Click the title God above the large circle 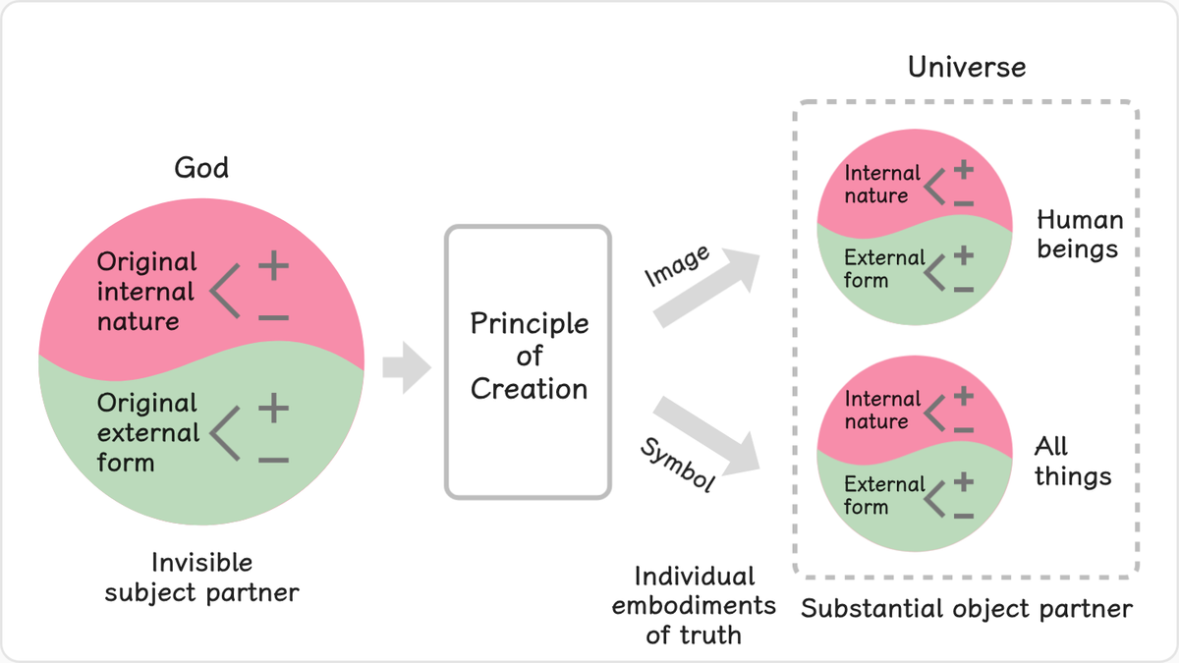(x=201, y=168)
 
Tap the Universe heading (x=967, y=67)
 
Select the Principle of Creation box (x=528, y=362)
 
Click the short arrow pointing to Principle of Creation (x=407, y=367)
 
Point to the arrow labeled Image (x=707, y=287)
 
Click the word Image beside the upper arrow (x=677, y=266)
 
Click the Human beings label (x=1080, y=235)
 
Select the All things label (x=1073, y=461)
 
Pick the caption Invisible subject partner (x=201, y=578)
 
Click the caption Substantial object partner (x=967, y=609)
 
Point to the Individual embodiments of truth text (x=695, y=606)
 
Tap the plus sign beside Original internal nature (x=274, y=265)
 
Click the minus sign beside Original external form (x=274, y=461)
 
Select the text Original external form (x=148, y=432)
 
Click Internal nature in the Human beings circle (x=882, y=185)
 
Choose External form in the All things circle (x=884, y=495)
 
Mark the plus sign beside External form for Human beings (x=964, y=255)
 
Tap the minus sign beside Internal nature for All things (x=964, y=430)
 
